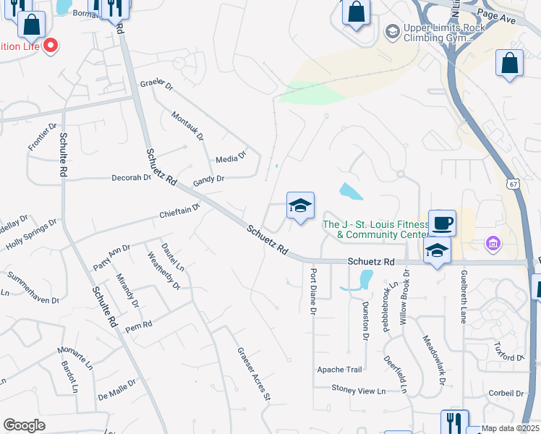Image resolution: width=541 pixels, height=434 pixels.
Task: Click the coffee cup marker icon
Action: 442,222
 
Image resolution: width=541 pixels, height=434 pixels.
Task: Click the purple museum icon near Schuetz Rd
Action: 494,242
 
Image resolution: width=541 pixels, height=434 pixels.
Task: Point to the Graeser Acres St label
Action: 253,373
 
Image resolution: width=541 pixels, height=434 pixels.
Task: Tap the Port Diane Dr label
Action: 313,292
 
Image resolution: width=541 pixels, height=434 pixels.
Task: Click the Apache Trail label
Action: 339,370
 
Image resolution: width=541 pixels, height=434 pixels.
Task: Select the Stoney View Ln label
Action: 358,391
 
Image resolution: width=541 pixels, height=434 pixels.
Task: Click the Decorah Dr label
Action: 131,177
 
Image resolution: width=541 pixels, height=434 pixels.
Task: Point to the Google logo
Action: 24,425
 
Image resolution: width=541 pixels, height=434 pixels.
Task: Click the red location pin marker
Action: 51,46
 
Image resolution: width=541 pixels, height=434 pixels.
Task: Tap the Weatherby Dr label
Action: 163,271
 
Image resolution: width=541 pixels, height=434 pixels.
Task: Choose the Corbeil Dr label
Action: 506,394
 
